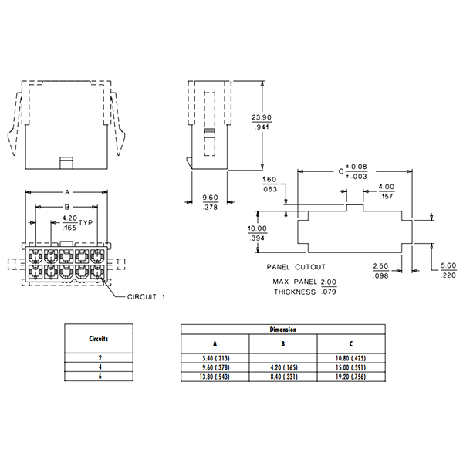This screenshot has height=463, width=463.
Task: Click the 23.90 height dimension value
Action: [x=262, y=117]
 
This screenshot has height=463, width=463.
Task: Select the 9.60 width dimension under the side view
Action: [x=210, y=198]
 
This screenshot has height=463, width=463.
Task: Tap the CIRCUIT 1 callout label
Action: [x=146, y=297]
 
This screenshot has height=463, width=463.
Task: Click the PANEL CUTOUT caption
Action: [x=296, y=267]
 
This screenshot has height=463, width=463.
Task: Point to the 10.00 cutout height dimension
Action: [x=257, y=228]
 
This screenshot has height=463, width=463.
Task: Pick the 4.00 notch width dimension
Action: [x=387, y=187]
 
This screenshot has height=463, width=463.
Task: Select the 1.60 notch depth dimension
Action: [x=269, y=179]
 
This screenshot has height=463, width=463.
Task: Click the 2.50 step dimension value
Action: [x=380, y=266]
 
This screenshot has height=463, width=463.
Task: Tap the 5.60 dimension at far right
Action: [x=448, y=265]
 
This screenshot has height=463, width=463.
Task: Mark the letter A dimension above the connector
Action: [x=67, y=192]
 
